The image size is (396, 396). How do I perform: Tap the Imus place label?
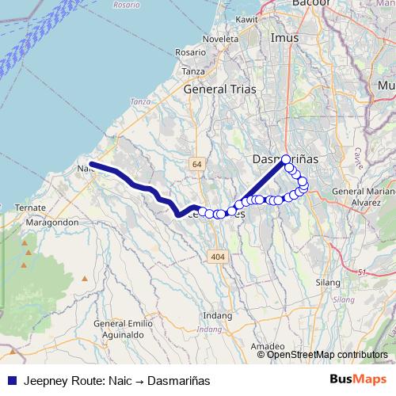point(283,39)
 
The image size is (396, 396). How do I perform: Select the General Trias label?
point(220,89)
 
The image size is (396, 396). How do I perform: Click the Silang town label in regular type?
point(327,282)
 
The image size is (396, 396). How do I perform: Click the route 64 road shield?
point(196,163)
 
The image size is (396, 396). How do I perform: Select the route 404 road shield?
point(219,256)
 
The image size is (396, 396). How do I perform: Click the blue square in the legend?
point(11,379)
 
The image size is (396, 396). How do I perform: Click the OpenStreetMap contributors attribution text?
point(327,354)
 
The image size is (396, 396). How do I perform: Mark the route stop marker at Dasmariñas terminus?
point(286,159)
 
